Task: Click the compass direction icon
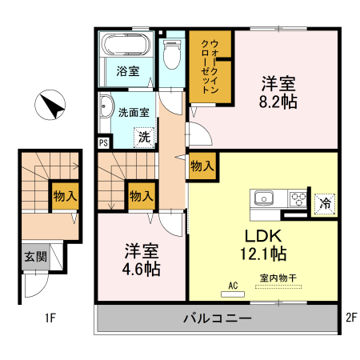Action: pyautogui.click(x=50, y=106)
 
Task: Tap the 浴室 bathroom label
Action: pyautogui.click(x=127, y=71)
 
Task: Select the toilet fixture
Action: pyautogui.click(x=170, y=54)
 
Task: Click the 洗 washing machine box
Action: pyautogui.click(x=144, y=137)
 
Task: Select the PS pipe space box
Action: pyautogui.click(x=103, y=143)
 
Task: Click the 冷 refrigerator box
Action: pyautogui.click(x=325, y=203)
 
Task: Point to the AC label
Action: pyautogui.click(x=234, y=286)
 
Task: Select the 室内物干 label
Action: pyautogui.click(x=278, y=278)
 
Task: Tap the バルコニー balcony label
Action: pyautogui.click(x=218, y=318)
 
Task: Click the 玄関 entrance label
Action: pyautogui.click(x=34, y=257)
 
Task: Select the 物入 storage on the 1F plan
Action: pyautogui.click(x=65, y=195)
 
